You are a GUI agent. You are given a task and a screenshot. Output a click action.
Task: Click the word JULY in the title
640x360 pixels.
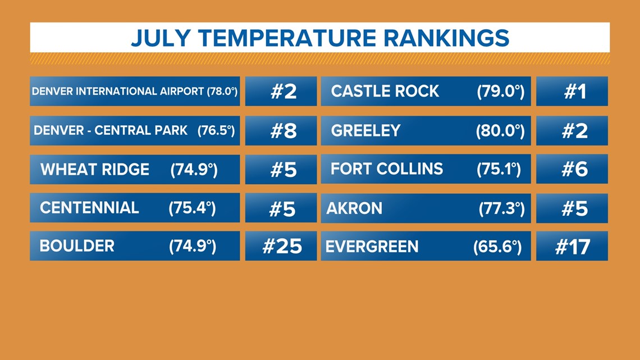pos(161,38)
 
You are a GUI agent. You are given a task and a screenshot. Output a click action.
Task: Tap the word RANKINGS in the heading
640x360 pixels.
pos(446,38)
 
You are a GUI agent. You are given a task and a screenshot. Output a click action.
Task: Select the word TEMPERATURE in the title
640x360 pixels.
pos(287,38)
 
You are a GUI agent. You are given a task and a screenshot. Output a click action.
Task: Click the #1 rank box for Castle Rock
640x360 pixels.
pos(572,91)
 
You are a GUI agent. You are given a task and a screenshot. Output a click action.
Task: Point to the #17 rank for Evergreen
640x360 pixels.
pos(572,246)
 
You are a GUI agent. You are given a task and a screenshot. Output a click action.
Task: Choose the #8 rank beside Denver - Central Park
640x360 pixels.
pos(281,131)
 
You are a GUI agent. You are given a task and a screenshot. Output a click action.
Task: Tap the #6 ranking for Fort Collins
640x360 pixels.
pos(572,169)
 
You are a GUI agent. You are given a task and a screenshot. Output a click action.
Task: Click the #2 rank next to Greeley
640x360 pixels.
pos(572,131)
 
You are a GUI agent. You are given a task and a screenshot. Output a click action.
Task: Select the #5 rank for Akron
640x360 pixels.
pos(572,208)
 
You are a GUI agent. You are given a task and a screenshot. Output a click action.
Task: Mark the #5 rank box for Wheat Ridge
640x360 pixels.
pos(281,170)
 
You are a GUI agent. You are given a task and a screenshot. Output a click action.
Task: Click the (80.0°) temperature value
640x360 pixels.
pos(500,131)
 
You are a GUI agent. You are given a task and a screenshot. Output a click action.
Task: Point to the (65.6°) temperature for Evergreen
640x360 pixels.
pos(497,247)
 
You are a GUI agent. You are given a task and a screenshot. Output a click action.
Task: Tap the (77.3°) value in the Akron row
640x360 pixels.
pos(502,208)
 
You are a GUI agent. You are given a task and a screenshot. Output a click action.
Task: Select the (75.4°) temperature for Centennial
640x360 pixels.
pos(192,208)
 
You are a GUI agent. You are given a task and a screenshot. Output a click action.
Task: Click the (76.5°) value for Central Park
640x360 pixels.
pos(216,131)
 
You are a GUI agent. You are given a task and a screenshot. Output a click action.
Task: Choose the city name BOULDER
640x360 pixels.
pos(77,246)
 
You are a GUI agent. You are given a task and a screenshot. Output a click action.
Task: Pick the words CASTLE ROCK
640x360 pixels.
pos(385,91)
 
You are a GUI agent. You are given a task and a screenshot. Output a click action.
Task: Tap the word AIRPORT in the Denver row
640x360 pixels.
pos(182,91)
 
